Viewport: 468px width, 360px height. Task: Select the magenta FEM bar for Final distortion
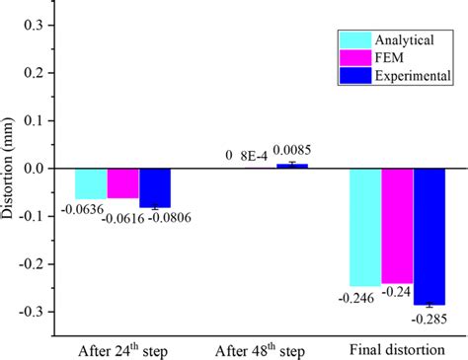[397, 226]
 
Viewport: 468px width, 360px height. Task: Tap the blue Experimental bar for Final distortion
[429, 236]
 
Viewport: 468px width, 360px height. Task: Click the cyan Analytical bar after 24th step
[91, 183]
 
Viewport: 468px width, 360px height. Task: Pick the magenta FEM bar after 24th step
[122, 183]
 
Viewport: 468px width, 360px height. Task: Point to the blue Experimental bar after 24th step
[154, 187]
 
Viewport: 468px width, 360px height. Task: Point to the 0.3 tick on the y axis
[39, 26]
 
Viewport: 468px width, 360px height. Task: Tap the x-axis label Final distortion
[397, 350]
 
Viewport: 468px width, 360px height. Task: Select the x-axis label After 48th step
[261, 350]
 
